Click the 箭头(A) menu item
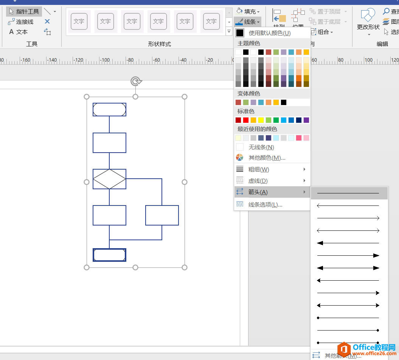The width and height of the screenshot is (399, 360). (x=258, y=192)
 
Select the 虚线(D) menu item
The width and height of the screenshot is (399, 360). (x=258, y=181)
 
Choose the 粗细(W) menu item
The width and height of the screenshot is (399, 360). (x=259, y=169)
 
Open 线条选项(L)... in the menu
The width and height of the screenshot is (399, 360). (x=265, y=204)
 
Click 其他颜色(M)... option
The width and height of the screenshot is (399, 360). (x=267, y=158)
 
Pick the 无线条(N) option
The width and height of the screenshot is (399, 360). (x=261, y=147)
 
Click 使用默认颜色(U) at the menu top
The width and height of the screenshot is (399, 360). (x=269, y=33)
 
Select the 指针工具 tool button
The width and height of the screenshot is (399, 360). (x=24, y=12)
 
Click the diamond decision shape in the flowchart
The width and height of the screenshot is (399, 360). (x=109, y=179)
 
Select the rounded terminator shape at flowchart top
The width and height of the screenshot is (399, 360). (x=109, y=110)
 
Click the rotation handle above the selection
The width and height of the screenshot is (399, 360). (x=136, y=81)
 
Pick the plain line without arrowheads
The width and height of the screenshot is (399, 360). (x=348, y=193)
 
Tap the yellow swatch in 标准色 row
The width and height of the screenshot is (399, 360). (x=261, y=120)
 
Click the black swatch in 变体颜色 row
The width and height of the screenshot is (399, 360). (x=284, y=102)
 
